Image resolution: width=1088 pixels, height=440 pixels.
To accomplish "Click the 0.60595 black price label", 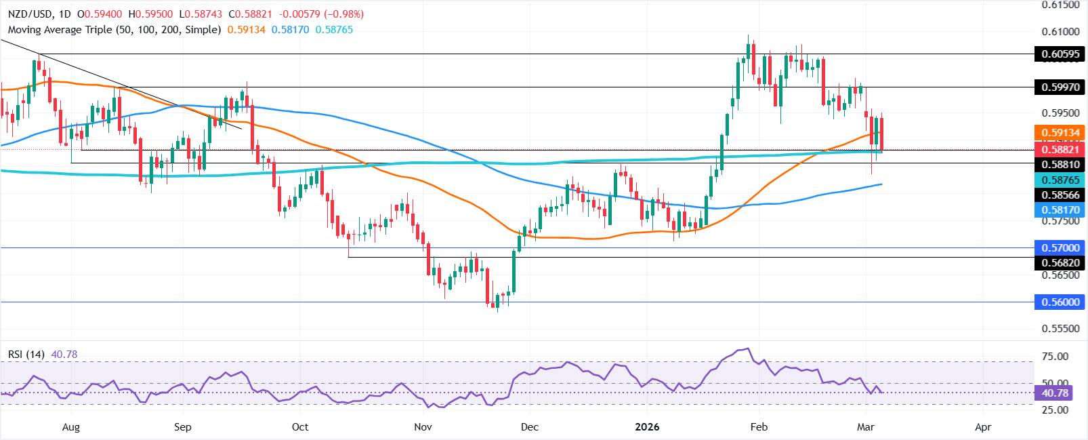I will (x=1060, y=54).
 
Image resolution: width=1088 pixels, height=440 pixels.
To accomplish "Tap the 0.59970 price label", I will (x=1060, y=87).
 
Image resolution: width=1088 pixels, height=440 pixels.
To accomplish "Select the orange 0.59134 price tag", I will (x=1060, y=133).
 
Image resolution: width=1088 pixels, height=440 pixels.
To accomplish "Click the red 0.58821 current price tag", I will (x=1060, y=149).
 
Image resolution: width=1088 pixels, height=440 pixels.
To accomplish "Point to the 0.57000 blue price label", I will (x=1060, y=248).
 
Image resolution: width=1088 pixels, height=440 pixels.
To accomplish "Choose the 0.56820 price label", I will (x=1060, y=263).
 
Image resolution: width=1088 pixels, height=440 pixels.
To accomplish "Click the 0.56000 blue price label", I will (x=1060, y=302).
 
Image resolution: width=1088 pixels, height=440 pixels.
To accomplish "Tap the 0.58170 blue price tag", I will (x=1060, y=210).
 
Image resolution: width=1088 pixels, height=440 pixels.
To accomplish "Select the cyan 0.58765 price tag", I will (x=1060, y=180).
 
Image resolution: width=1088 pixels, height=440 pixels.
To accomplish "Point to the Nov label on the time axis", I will (x=423, y=427).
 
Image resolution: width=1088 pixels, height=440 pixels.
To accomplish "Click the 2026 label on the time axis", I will (x=647, y=427).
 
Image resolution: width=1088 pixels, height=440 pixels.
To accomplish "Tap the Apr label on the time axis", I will (x=982, y=427).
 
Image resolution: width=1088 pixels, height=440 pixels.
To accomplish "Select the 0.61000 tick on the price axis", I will (x=1060, y=32).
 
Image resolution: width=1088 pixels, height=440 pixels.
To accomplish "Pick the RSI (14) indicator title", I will (x=26, y=355).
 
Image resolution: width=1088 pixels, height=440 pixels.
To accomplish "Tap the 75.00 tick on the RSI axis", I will (x=1055, y=357).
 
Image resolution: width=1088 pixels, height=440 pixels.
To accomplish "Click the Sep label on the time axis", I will (x=182, y=427).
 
